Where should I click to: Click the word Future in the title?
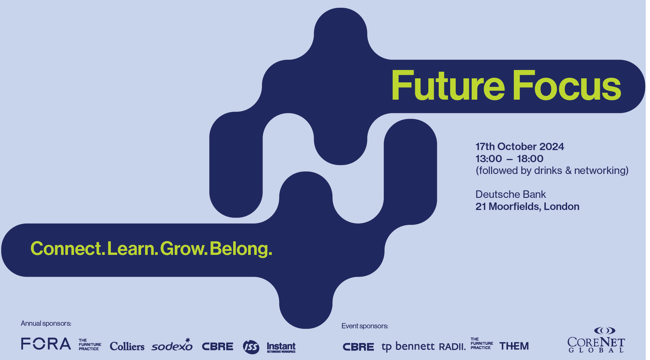click(x=448, y=86)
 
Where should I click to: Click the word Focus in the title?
click(x=567, y=86)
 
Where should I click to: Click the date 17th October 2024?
click(x=520, y=147)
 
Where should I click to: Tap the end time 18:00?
click(x=530, y=159)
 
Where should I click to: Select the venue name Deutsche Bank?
click(x=510, y=194)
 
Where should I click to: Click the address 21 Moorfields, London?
click(x=527, y=206)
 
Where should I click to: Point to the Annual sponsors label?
click(x=46, y=323)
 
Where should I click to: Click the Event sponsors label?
click(x=365, y=326)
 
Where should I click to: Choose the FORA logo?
click(x=46, y=344)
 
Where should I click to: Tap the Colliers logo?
click(x=127, y=346)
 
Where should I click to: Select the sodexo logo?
click(x=172, y=345)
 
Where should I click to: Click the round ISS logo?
click(x=251, y=347)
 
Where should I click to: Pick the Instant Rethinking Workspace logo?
click(x=281, y=347)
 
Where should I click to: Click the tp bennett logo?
click(x=408, y=346)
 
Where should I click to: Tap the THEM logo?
click(x=514, y=346)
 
